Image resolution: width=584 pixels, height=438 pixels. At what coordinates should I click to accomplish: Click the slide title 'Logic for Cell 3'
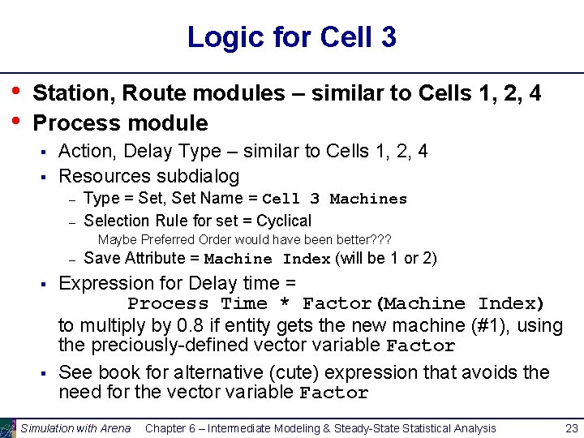[291, 36]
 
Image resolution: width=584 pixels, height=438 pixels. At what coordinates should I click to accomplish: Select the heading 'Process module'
[120, 123]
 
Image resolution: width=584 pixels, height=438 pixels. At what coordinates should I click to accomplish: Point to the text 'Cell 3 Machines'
[335, 199]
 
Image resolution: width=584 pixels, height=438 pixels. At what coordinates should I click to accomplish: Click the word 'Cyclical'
[283, 221]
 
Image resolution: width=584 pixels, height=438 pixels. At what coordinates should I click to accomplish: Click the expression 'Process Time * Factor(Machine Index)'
[336, 303]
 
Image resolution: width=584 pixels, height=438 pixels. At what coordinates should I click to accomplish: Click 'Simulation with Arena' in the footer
[75, 428]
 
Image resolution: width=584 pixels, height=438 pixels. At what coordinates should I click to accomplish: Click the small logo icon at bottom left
[8, 427]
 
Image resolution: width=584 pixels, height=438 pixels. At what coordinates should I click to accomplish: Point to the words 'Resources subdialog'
[149, 176]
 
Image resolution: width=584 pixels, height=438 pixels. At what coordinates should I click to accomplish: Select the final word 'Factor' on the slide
[333, 394]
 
